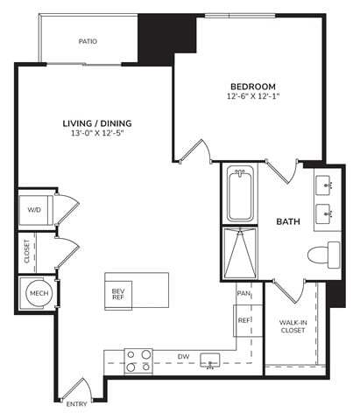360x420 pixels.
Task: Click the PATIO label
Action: [88, 41]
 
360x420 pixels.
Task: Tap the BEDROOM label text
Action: [253, 86]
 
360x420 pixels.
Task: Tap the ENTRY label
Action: [77, 403]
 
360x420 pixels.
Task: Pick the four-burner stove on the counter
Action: [139, 360]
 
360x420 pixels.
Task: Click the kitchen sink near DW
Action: [209, 360]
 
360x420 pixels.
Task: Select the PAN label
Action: [244, 294]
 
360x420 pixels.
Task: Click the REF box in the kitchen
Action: [244, 320]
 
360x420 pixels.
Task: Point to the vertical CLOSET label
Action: [27, 252]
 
